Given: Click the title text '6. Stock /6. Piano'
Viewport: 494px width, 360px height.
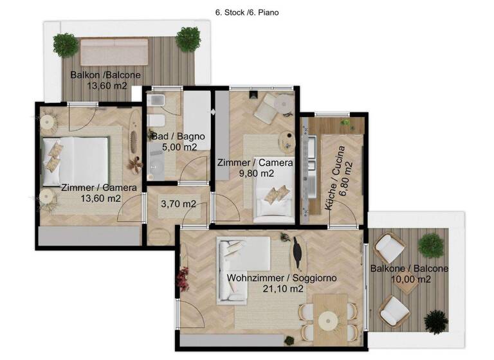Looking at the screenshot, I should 247,12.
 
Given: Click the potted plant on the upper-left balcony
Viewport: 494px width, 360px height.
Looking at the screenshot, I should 65,44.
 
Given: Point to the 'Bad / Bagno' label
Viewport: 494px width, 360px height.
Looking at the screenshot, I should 178,136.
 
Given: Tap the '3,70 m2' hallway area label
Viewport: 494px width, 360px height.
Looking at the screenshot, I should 178,204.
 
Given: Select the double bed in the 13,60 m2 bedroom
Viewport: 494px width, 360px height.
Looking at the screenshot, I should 75,157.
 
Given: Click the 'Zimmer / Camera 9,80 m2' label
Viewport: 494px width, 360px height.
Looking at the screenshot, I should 255,168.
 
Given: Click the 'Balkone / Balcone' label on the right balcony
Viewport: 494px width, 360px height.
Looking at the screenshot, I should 410,268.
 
